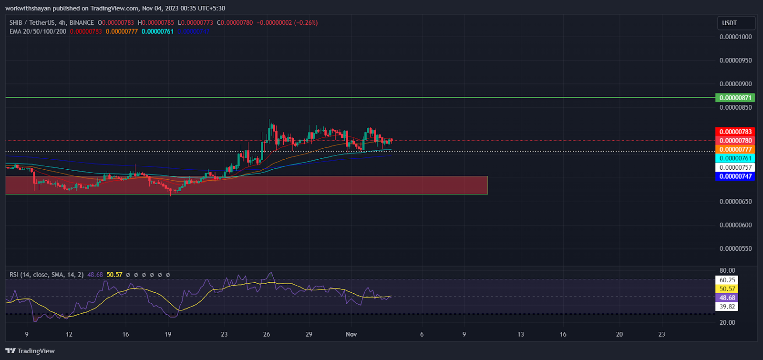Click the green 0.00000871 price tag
[735, 98]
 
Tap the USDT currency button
[736, 23]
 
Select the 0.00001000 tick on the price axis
[735, 37]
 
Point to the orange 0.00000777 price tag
[735, 150]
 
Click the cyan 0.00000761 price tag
[735, 158]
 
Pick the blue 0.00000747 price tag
[735, 176]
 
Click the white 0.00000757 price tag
[735, 167]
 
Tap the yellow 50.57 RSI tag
[727, 289]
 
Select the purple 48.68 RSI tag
[727, 298]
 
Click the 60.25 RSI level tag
[727, 280]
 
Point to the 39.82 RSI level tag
[727, 307]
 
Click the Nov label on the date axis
[351, 334]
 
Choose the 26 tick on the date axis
[267, 334]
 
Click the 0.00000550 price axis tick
[735, 248]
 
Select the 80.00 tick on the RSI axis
[727, 270]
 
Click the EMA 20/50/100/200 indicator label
[38, 31]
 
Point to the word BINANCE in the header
[82, 22]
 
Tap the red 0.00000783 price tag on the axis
[735, 132]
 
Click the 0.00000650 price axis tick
[735, 202]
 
